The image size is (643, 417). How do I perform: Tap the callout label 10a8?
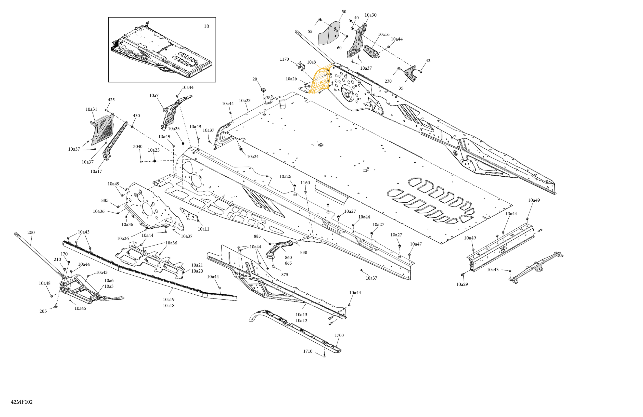[311, 62]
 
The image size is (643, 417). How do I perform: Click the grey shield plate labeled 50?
[329, 34]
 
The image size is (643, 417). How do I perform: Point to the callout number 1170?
[284, 59]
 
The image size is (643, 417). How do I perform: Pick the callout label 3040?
[138, 146]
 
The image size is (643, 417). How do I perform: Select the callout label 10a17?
[96, 171]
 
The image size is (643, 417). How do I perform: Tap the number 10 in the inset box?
[206, 26]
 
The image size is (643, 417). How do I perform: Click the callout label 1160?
[305, 183]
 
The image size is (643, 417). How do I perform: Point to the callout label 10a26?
[285, 176]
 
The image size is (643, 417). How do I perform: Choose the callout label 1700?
[339, 335]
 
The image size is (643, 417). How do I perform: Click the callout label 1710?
[308, 351]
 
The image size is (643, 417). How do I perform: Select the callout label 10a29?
[462, 284]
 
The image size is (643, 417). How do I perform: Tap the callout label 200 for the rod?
[31, 233]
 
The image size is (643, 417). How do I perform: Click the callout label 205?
[43, 311]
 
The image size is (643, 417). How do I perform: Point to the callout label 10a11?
[204, 229]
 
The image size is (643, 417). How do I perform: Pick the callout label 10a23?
[244, 101]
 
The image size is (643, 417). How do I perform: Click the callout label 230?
[388, 81]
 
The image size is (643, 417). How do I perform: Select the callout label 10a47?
[416, 244]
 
